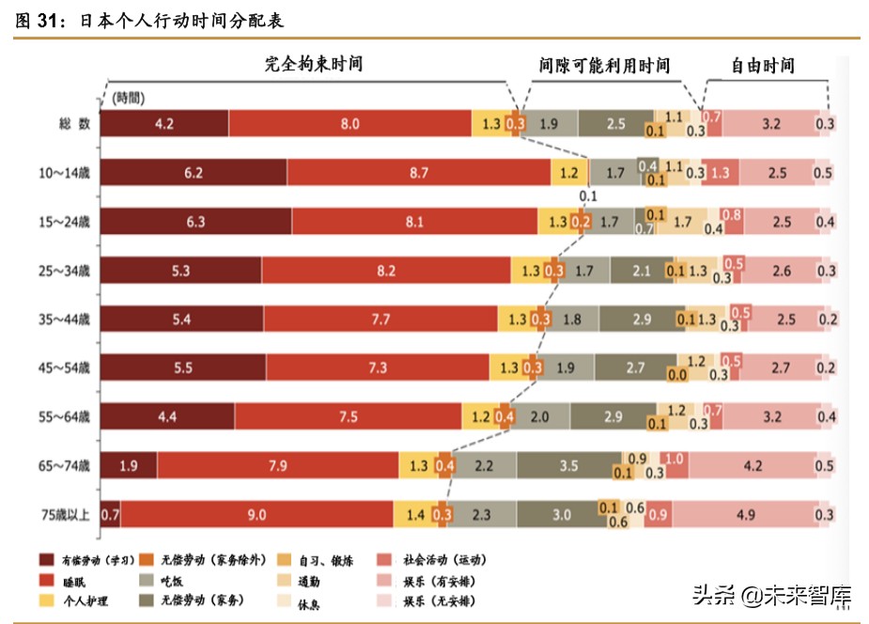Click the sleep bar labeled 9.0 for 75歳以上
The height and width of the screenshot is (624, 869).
pyautogui.click(x=256, y=514)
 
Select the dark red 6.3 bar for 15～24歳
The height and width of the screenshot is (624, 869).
pyautogui.click(x=195, y=222)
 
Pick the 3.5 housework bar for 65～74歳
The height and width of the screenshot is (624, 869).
pyautogui.click(x=567, y=465)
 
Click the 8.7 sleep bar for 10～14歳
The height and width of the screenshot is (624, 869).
pyautogui.click(x=419, y=173)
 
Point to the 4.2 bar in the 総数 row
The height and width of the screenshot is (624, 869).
pyautogui.click(x=164, y=124)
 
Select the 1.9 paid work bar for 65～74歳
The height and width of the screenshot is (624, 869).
pyautogui.click(x=129, y=465)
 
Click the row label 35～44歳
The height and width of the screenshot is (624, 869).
pyautogui.click(x=70, y=320)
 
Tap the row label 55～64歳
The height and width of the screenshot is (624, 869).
pyautogui.click(x=70, y=416)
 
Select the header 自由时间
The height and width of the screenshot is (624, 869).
pyautogui.click(x=763, y=65)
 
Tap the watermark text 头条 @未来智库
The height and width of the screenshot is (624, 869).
pyautogui.click(x=771, y=595)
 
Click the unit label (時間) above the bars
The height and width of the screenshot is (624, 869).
pyautogui.click(x=129, y=98)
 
